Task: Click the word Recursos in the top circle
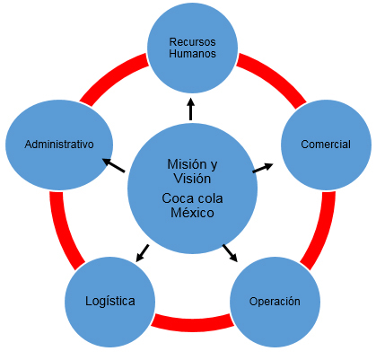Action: tap(192, 42)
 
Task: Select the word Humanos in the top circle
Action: tap(192, 54)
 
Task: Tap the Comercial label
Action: tap(326, 145)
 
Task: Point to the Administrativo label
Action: tap(59, 145)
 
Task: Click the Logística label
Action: tap(110, 302)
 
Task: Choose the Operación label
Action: tap(275, 302)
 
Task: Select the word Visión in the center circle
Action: tap(192, 179)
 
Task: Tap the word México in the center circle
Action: tap(192, 213)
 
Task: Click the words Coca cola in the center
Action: tap(192, 198)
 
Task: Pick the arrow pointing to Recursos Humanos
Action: tap(191, 109)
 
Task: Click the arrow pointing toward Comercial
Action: tap(263, 168)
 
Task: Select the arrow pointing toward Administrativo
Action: tap(113, 165)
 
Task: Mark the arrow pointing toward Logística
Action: tap(143, 253)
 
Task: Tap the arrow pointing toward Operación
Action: tap(230, 253)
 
